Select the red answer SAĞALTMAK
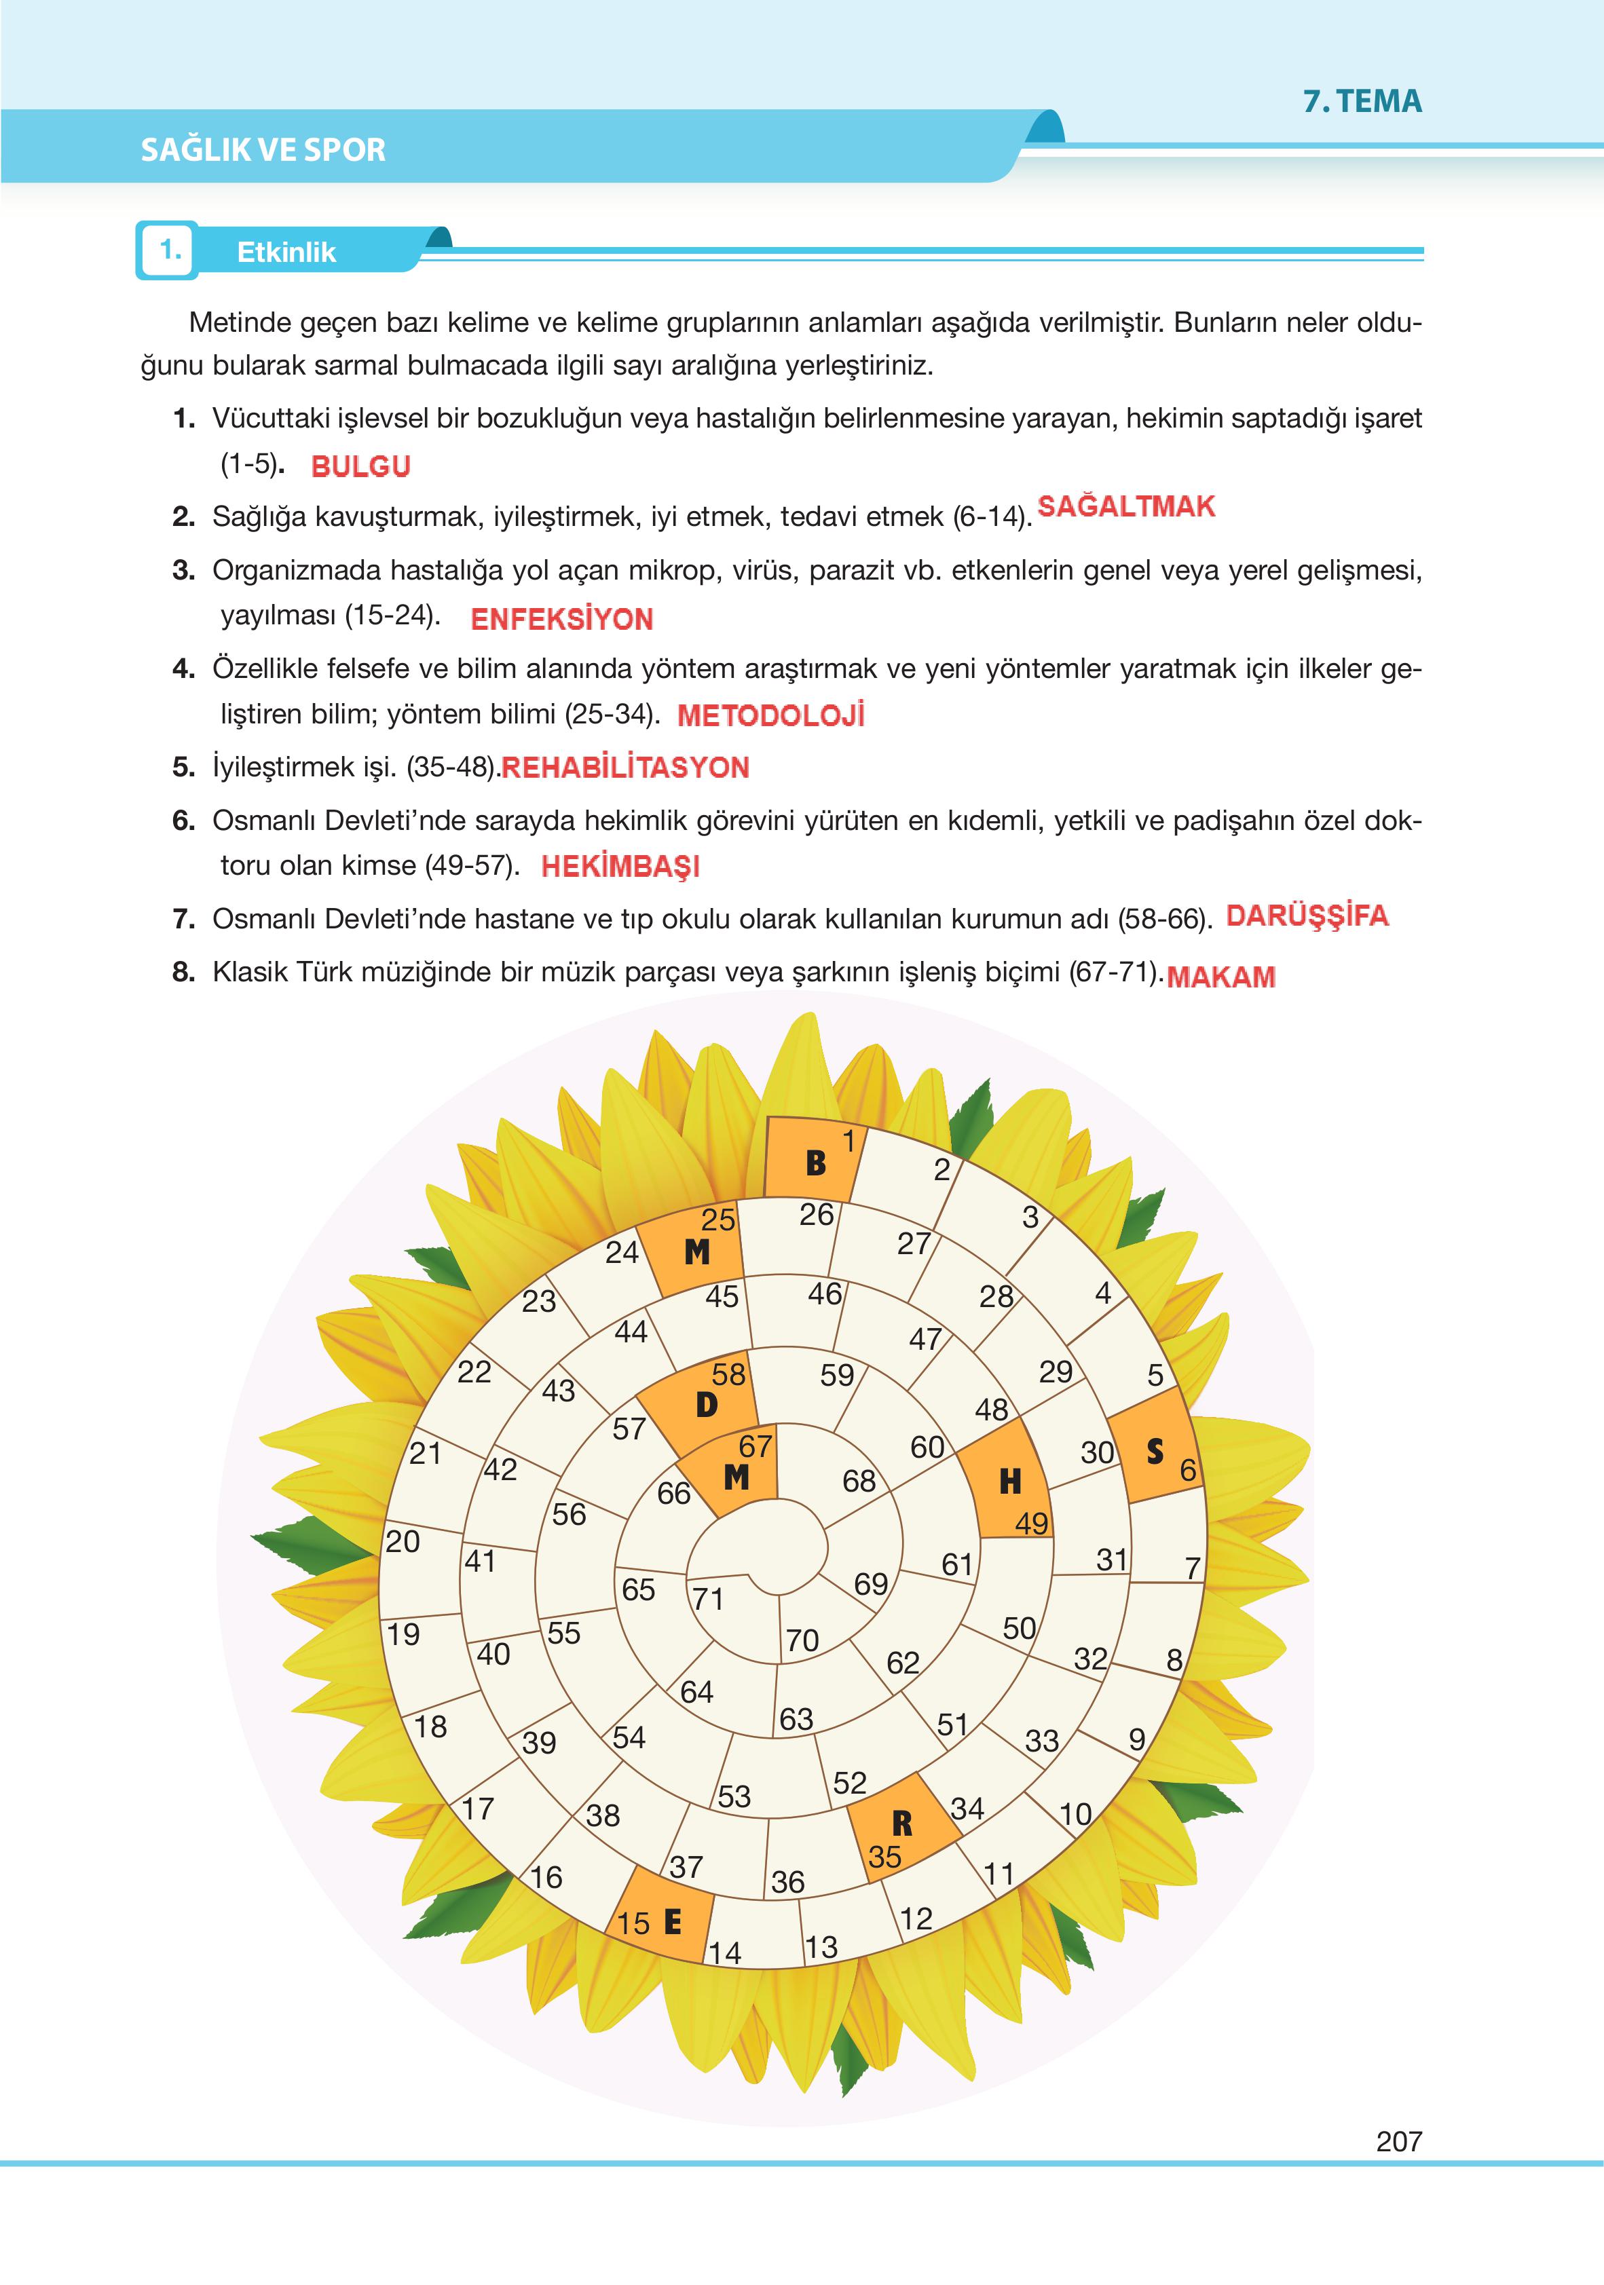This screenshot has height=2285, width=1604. coord(1126,506)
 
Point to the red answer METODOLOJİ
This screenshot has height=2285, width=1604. coord(770,715)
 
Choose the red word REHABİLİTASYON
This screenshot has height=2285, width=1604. coord(625,768)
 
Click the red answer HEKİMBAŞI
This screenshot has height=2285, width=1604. coord(620,866)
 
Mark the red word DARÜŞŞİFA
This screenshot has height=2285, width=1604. coord(1306,915)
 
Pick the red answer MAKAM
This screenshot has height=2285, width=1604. coord(1220,977)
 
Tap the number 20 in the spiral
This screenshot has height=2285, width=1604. coord(403,1542)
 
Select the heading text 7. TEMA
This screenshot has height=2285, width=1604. coord(1362,102)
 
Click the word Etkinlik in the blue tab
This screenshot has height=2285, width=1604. coord(286,252)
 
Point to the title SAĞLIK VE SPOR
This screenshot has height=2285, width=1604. coord(263,150)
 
